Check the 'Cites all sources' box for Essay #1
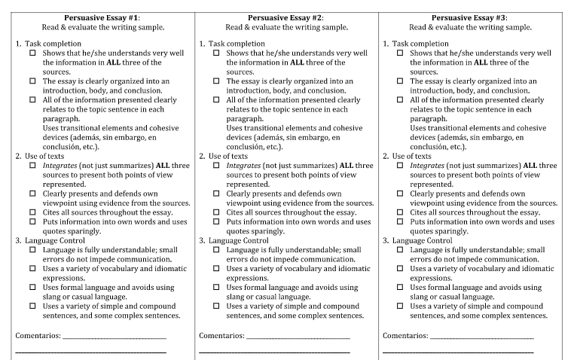coord(32,212)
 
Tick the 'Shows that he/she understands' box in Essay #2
coord(216,53)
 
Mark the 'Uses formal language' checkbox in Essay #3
coord(400,288)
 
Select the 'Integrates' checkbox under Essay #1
coord(32,166)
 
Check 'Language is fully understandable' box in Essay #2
coord(216,250)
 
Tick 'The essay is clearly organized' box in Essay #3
coord(400,81)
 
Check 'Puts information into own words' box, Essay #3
coord(400,222)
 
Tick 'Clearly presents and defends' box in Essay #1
coord(32,194)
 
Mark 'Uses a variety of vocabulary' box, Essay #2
coord(216,269)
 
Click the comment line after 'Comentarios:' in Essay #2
coord(298,337)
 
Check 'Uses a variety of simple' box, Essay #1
coord(32,307)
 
